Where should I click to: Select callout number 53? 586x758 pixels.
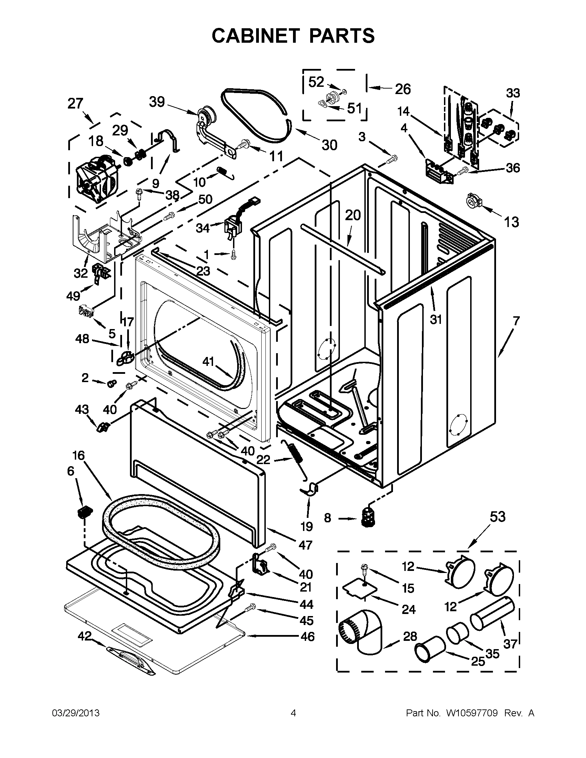[x=497, y=517]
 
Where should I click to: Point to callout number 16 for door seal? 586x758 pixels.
[x=78, y=455]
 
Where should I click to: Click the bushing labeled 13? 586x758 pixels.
[x=473, y=201]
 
